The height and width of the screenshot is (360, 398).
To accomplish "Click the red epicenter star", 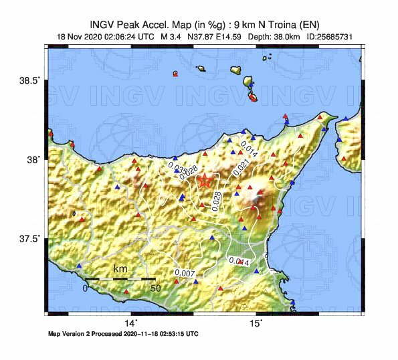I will (205, 181).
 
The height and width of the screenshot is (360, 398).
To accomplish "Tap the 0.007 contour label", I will (184, 273).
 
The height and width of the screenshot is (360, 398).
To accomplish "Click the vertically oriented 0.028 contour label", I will (216, 201).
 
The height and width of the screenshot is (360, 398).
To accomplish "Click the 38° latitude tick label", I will (32, 159).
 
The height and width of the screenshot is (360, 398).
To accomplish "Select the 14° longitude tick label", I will (132, 324).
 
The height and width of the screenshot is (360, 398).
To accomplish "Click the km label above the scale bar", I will (120, 269).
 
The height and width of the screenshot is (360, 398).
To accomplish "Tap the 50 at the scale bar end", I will (155, 288).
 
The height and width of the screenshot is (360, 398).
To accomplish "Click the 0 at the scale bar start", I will (86, 288).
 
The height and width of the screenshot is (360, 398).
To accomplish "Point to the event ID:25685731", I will (329, 37).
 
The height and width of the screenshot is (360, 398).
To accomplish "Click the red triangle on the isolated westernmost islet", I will (175, 75).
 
